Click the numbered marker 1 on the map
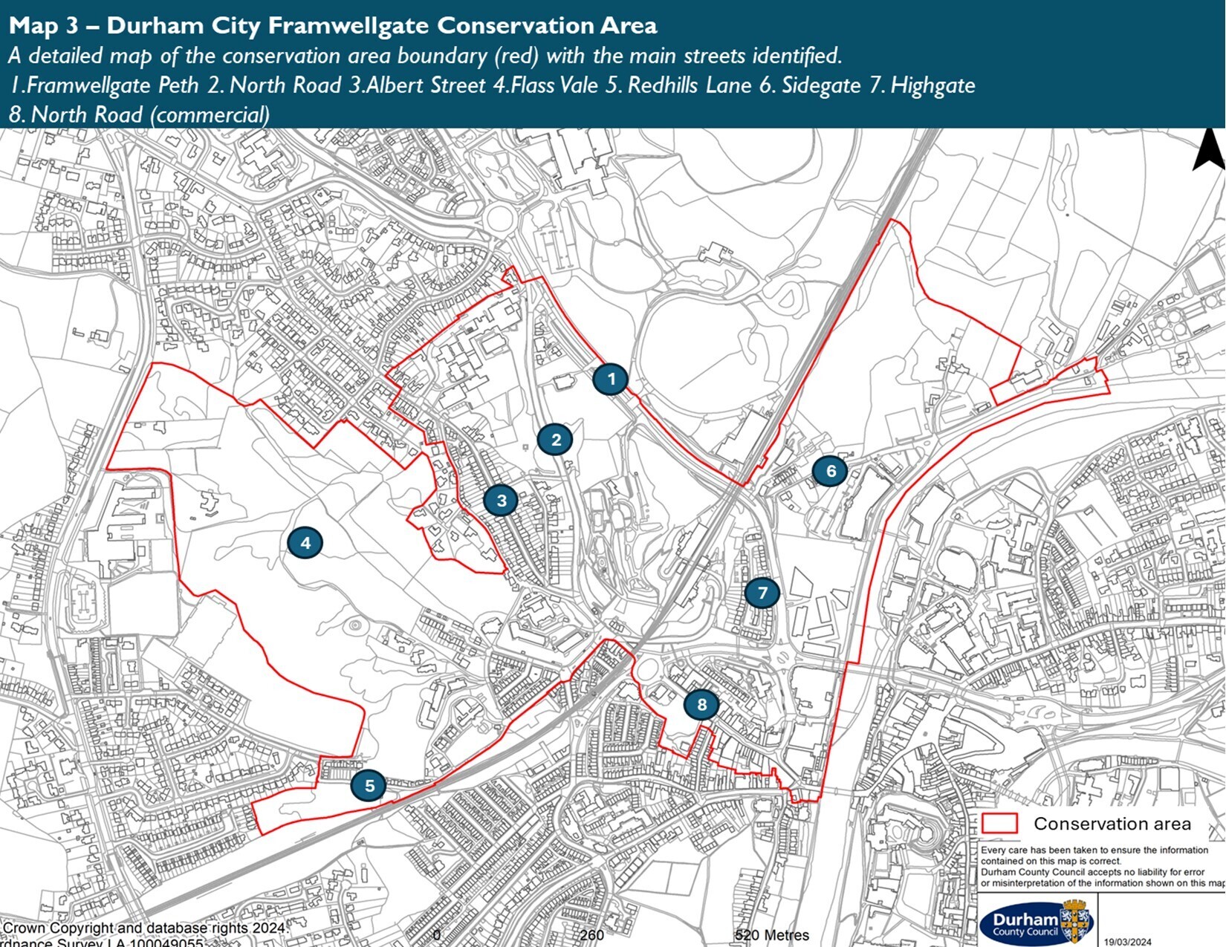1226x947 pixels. click(x=611, y=379)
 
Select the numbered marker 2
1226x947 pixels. click(x=555, y=440)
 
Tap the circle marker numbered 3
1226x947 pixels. click(x=501, y=501)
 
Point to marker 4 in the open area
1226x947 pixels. click(x=305, y=543)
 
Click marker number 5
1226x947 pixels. click(x=369, y=785)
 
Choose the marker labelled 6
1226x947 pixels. click(x=830, y=470)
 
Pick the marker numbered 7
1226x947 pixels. click(x=762, y=593)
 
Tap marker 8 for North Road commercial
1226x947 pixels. click(x=701, y=704)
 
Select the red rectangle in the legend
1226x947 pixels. click(x=999, y=823)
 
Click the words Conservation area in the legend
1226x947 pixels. click(x=1112, y=824)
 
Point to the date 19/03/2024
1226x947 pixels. click(x=1127, y=942)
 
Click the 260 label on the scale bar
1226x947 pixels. click(x=591, y=935)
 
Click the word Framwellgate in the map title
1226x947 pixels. click(x=348, y=25)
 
